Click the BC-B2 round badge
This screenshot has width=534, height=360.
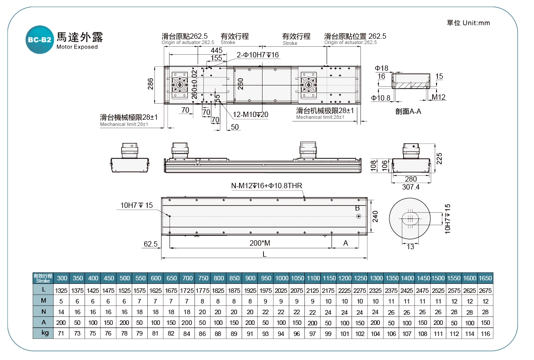pyautogui.click(x=39, y=40)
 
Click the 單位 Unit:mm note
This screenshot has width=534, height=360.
pyautogui.click(x=468, y=23)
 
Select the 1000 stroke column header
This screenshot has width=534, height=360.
pyautogui.click(x=281, y=278)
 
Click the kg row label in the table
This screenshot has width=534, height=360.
pyautogui.click(x=43, y=333)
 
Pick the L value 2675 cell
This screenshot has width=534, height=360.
pyautogui.click(x=485, y=290)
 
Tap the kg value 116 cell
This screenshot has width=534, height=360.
pyautogui.click(x=485, y=333)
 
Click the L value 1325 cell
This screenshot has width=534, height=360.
pyautogui.click(x=62, y=290)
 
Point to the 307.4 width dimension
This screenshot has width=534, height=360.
pyautogui.click(x=411, y=187)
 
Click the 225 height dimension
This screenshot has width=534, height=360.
pyautogui.click(x=439, y=158)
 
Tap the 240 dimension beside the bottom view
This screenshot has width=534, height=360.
pyautogui.click(x=375, y=216)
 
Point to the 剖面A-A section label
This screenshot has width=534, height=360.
pyautogui.click(x=408, y=111)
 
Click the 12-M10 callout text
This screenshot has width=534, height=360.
pyautogui.click(x=251, y=115)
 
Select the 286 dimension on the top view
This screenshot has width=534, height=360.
pyautogui.click(x=150, y=84)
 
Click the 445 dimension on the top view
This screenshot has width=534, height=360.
pyautogui.click(x=217, y=50)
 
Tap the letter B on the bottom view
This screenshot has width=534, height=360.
pyautogui.click(x=357, y=208)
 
